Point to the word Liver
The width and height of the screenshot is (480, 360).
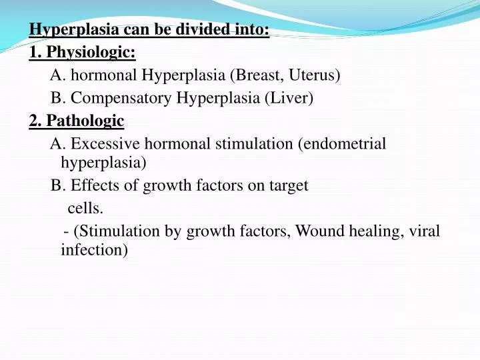pyautogui.click(x=289, y=98)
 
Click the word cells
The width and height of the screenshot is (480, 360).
pyautogui.click(x=85, y=209)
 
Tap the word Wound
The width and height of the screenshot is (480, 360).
pyautogui.click(x=317, y=231)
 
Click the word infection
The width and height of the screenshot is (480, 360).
pyautogui.click(x=93, y=250)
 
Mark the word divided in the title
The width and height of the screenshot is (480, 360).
pyautogui.click(x=201, y=29)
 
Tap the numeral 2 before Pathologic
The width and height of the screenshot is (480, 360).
pyautogui.click(x=33, y=121)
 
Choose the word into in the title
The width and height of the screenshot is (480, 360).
pyautogui.click(x=253, y=29)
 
